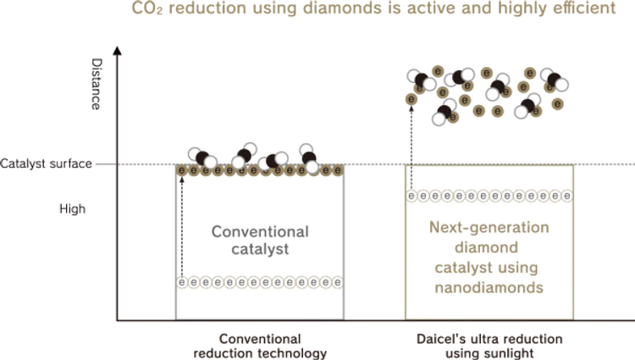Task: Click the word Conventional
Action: [x=260, y=231]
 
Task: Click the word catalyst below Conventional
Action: [x=260, y=250]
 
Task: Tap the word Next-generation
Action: [x=489, y=228]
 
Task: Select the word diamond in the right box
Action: [x=489, y=248]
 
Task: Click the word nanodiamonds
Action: [x=489, y=289]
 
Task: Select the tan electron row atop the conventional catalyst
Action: [x=260, y=171]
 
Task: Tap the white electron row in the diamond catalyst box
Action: [x=489, y=196]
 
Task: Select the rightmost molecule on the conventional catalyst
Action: [x=309, y=159]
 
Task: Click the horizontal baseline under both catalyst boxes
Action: [x=373, y=321]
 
